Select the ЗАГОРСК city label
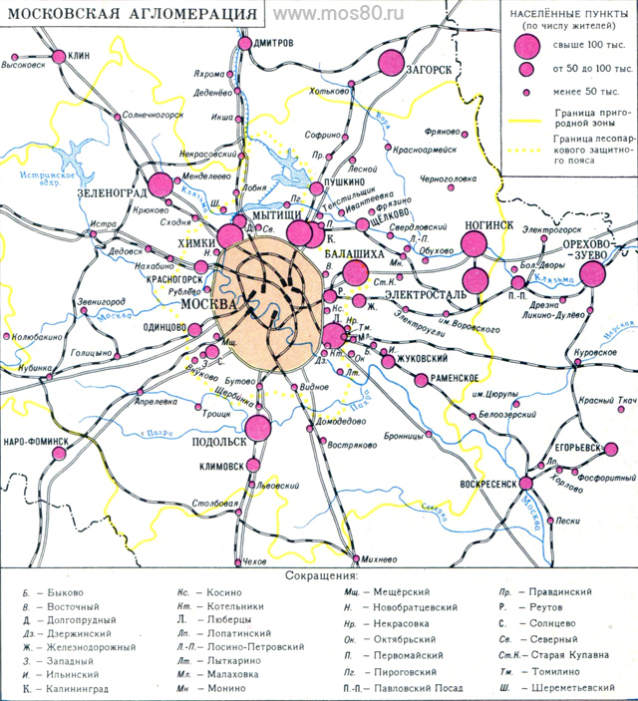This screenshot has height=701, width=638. tap(431, 69)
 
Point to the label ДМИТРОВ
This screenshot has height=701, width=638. tap(273, 43)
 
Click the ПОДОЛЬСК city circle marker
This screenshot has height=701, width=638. tap(258, 428)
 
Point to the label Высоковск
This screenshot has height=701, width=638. tap(24, 66)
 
